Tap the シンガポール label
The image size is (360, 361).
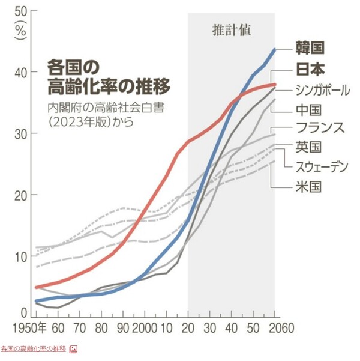tap(323, 90)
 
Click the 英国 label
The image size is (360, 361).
tap(308, 146)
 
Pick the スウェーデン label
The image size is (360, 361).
tap(322, 166)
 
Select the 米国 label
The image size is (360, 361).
tap(308, 186)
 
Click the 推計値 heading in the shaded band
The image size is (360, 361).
tap(230, 29)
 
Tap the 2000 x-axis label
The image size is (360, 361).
tap(145, 329)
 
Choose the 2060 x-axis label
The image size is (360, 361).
tap(280, 329)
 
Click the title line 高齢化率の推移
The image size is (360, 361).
tap(108, 86)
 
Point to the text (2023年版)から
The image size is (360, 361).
tap(90, 123)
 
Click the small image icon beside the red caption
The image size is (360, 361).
tap(73, 349)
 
